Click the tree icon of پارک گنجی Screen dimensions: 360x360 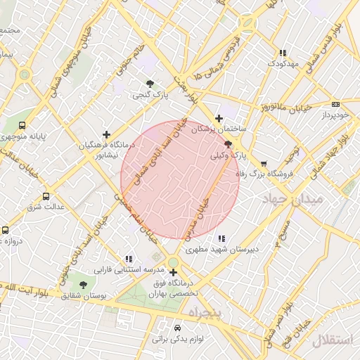click(149, 83)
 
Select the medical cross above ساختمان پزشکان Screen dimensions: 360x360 click(219, 118)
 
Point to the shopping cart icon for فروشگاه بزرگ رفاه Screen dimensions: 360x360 click(264, 163)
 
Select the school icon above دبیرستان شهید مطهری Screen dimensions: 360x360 click(222, 238)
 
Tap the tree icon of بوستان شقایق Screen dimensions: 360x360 click(83, 285)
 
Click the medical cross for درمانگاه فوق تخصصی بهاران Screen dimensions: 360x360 click(173, 272)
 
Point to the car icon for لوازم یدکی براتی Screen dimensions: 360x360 click(177, 328)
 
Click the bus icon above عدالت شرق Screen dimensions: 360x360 click(46, 196)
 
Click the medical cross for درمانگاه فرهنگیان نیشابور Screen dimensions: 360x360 click(106, 134)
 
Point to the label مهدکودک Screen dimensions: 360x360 click(283, 64)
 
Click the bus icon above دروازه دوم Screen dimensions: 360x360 click(6, 230)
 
